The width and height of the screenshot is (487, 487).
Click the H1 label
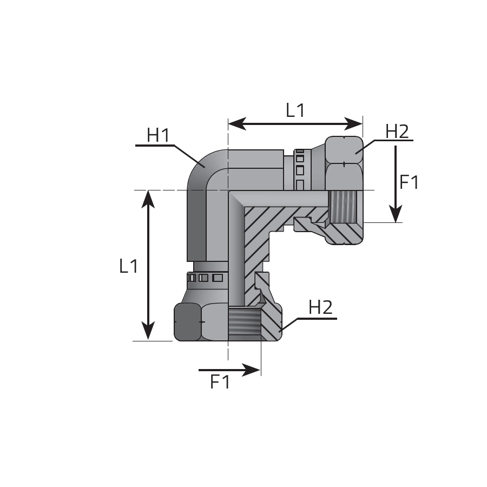(x=158, y=135)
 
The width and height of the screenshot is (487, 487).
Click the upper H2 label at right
(x=397, y=131)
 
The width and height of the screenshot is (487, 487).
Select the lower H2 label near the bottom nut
(x=320, y=307)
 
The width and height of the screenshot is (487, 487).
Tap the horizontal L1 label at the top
(x=295, y=110)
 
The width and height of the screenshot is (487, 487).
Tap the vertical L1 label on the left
(x=128, y=266)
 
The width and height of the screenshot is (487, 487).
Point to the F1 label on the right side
(x=409, y=182)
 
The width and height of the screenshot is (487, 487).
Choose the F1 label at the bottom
(x=220, y=381)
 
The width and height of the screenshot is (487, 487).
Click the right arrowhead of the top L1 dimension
(x=353, y=124)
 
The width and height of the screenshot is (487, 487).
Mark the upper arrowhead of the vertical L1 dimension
(x=148, y=199)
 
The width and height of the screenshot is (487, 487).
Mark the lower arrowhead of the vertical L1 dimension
(x=148, y=331)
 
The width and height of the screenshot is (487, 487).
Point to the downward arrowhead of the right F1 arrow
(x=396, y=214)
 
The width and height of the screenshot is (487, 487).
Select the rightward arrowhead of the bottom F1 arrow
(x=251, y=370)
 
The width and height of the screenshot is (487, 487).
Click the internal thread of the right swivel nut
(x=343, y=206)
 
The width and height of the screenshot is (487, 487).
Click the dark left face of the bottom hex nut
(x=187, y=322)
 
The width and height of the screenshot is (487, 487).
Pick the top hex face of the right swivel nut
(x=344, y=149)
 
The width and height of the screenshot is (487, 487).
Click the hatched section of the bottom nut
(x=271, y=323)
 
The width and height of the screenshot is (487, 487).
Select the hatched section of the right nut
(x=345, y=233)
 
